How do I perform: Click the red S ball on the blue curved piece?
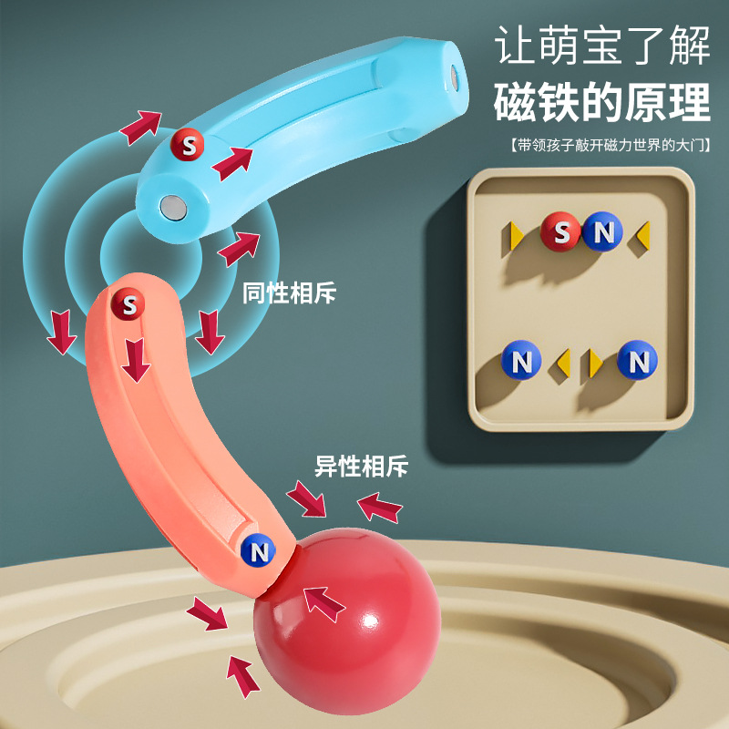pos(188,144)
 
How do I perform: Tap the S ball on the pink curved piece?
pos(129,304)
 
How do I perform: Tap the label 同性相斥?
pos(290,293)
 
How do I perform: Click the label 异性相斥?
pos(362,467)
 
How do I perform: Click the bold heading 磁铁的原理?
pos(601,102)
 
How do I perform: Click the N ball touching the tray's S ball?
pos(601,233)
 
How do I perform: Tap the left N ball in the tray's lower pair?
pos(521,361)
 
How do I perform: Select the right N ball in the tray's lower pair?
pos(637,361)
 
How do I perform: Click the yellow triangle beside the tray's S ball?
pos(517,234)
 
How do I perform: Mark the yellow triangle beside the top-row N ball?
pos(642,234)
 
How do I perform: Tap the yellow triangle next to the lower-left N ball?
pos(562,362)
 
